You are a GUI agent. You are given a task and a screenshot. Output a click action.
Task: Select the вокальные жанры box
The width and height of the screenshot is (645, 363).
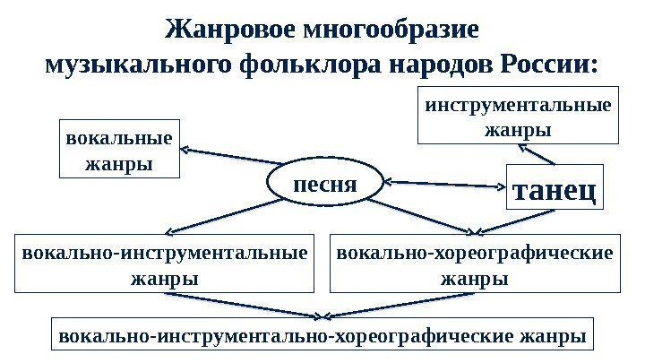click(x=119, y=150)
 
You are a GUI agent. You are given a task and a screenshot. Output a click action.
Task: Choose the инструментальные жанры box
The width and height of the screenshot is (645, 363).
click(x=519, y=116)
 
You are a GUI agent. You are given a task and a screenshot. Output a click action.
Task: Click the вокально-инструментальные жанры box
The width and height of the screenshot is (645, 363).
click(x=164, y=264)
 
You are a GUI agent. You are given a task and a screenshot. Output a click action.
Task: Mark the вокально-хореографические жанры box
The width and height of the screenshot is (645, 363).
click(x=475, y=264)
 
